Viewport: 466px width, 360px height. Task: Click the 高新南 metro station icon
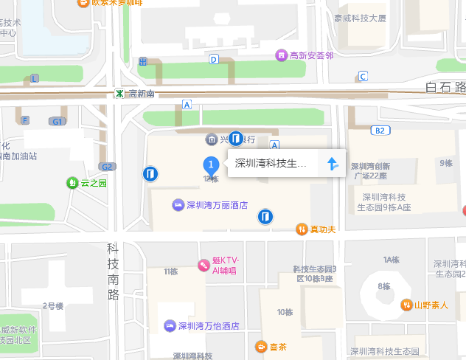pyautogui.click(x=119, y=94)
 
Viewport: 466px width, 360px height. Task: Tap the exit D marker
pyautogui.click(x=214, y=59)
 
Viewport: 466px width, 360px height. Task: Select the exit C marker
pyautogui.click(x=362, y=76)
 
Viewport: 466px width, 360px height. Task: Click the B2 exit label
pyautogui.click(x=380, y=131)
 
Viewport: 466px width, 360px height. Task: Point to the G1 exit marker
pyautogui.click(x=57, y=121)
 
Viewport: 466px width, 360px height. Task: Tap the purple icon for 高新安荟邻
pyautogui.click(x=281, y=55)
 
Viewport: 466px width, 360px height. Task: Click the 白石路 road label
pyautogui.click(x=446, y=88)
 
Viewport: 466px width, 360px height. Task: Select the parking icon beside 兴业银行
pyautogui.click(x=236, y=138)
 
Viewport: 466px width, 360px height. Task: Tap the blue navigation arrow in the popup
pyautogui.click(x=332, y=164)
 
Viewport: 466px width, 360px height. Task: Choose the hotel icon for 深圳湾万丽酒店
pyautogui.click(x=178, y=204)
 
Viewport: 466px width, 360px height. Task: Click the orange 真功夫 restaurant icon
pyautogui.click(x=302, y=229)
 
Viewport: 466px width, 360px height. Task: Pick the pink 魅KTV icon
pyautogui.click(x=203, y=265)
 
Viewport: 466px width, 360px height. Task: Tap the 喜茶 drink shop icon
pyautogui.click(x=261, y=347)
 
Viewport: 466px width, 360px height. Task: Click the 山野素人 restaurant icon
pyautogui.click(x=406, y=305)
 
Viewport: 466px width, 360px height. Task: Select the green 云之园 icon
pyautogui.click(x=72, y=183)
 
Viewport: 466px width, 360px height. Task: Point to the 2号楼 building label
pyautogui.click(x=53, y=305)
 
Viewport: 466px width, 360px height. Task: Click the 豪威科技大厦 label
pyautogui.click(x=360, y=18)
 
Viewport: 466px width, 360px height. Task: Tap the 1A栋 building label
pyautogui.click(x=391, y=260)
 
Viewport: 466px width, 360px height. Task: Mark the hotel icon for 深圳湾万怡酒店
pyautogui.click(x=171, y=325)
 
